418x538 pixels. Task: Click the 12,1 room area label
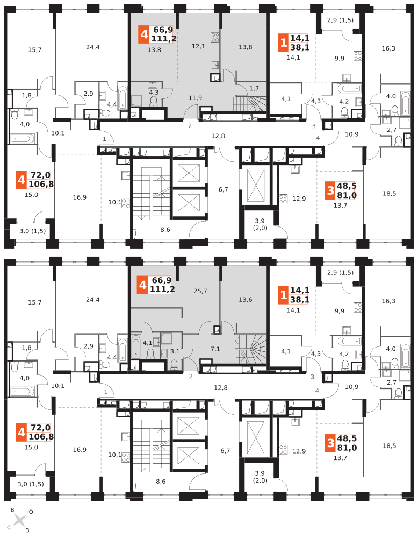point(198,46)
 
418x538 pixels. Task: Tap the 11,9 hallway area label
point(195,97)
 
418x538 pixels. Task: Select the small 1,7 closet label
point(254,88)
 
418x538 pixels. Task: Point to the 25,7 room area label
point(200,291)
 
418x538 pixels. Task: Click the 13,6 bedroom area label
point(245,300)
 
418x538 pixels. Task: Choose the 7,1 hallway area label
point(215,349)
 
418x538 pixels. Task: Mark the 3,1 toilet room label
point(175,351)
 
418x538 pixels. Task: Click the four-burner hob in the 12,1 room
point(215,37)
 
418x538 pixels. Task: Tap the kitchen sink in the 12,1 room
point(215,65)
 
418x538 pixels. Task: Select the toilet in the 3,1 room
point(174,364)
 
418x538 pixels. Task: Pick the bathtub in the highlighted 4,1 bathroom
point(136,347)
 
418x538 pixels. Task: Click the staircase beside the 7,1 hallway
point(250,348)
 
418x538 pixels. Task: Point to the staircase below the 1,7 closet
point(250,103)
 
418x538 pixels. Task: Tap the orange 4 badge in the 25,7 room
point(142,285)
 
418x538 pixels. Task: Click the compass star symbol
point(20,520)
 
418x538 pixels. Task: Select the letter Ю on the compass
point(31,512)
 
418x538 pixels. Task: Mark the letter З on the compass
point(27,530)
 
